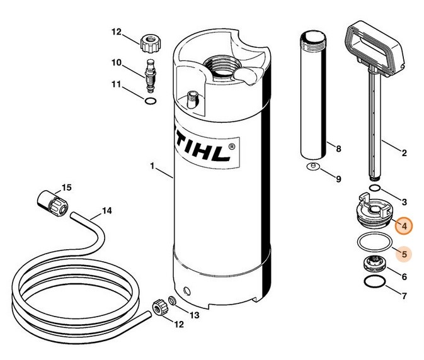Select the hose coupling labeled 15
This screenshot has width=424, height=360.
tap(50, 201)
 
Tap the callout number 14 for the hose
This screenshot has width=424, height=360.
tap(107, 211)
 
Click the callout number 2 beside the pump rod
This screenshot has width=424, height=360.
tap(404, 152)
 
